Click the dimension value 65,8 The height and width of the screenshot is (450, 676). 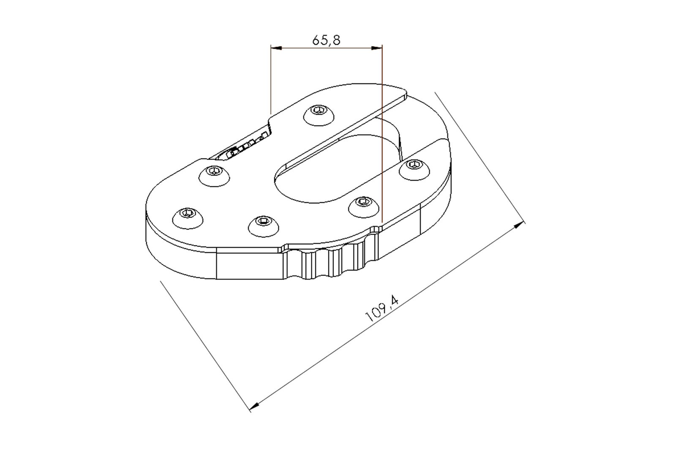point(326,40)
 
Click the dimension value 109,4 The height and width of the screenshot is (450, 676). point(382,309)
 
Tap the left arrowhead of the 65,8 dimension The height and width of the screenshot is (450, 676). point(276,48)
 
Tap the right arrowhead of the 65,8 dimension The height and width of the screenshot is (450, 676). point(377,48)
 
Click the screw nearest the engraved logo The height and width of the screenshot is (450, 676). point(214,176)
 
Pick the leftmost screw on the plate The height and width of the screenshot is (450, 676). point(188,218)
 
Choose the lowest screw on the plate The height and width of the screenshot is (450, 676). point(264,226)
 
